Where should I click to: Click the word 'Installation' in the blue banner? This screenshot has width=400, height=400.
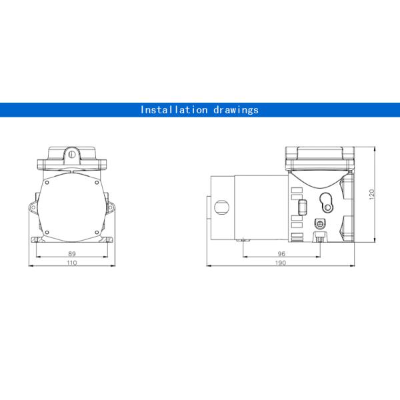click(172, 110)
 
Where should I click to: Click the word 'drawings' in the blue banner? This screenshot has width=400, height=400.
click(235, 110)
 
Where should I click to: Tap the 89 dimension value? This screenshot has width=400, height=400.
click(72, 254)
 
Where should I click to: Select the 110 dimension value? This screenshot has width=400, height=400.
click(72, 263)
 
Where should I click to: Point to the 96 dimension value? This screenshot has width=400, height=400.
click(281, 254)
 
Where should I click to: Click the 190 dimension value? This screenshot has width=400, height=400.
click(281, 263)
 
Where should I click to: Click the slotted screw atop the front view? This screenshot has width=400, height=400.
click(72, 153)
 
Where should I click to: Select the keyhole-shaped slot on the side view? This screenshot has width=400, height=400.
click(325, 201)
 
